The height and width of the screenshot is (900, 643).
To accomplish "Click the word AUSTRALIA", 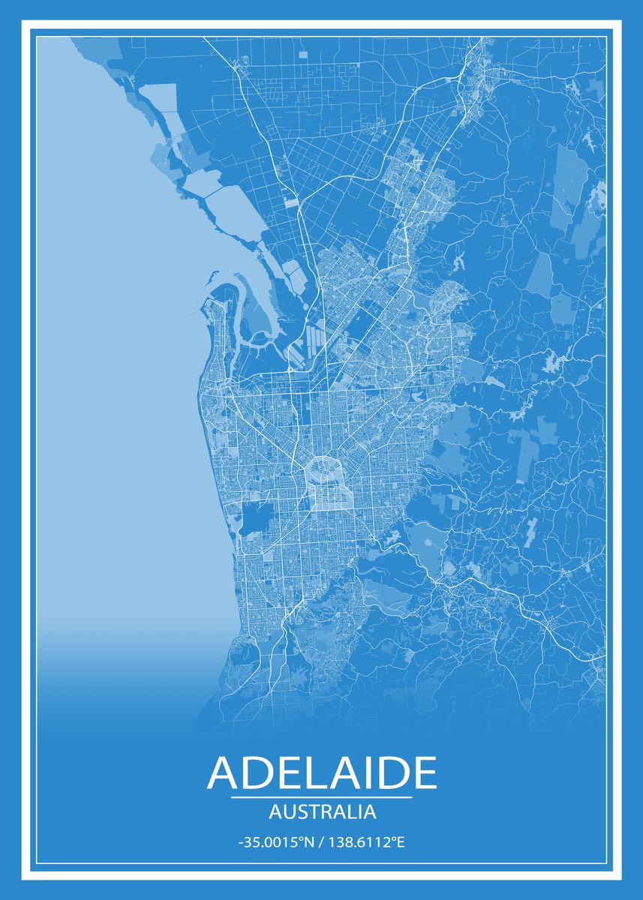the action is (321, 811).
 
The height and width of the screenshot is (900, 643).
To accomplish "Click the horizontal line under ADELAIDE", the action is (321, 796).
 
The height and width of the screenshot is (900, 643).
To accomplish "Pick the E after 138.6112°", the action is (400, 842).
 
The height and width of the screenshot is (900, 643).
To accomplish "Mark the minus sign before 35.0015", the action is (240, 843).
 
